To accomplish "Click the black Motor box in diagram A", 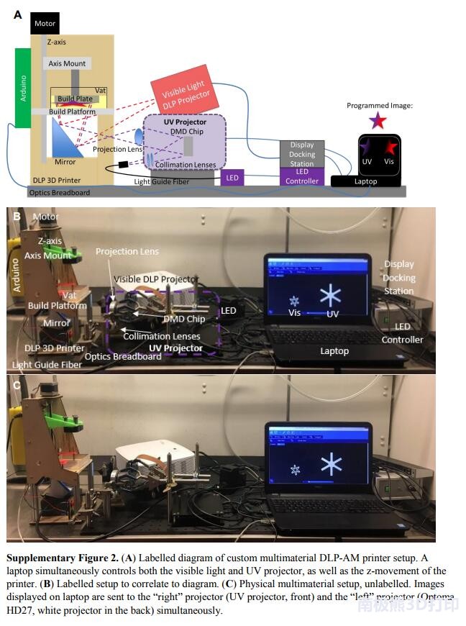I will (44, 23).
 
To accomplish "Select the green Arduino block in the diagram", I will (22, 87).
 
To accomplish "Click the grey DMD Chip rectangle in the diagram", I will (188, 145).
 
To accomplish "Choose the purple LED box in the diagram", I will (232, 176).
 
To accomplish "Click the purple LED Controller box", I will (302, 176).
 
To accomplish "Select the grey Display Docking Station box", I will (302, 154).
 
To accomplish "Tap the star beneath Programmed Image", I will (378, 120).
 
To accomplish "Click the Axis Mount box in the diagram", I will (67, 63).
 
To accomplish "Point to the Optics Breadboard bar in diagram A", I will (216, 192).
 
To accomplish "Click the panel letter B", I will (16, 214).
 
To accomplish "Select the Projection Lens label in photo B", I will (127, 251).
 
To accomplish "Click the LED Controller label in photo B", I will (402, 332).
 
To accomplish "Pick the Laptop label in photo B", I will (334, 351).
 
